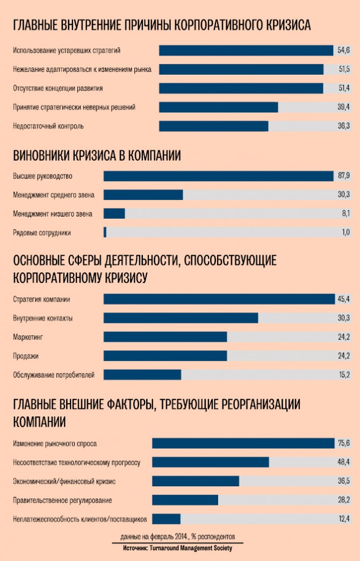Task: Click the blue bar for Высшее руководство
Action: click(218, 176)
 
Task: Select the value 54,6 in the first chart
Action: click(343, 51)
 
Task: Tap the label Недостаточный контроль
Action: click(48, 126)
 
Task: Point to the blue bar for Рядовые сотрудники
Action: click(105, 232)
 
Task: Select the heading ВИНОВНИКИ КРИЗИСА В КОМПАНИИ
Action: click(97, 156)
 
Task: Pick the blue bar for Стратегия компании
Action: click(219, 299)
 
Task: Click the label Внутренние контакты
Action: click(43, 318)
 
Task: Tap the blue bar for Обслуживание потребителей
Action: click(142, 375)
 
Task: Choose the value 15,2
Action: click(344, 375)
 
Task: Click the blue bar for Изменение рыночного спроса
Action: click(243, 443)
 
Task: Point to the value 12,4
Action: click(344, 519)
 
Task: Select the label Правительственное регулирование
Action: click(62, 500)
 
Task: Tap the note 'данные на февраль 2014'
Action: click(178, 537)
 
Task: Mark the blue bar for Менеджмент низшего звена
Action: click(114, 214)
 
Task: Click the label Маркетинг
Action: click(27, 337)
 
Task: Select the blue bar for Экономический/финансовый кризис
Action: click(196, 481)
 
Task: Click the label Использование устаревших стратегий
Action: click(67, 51)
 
